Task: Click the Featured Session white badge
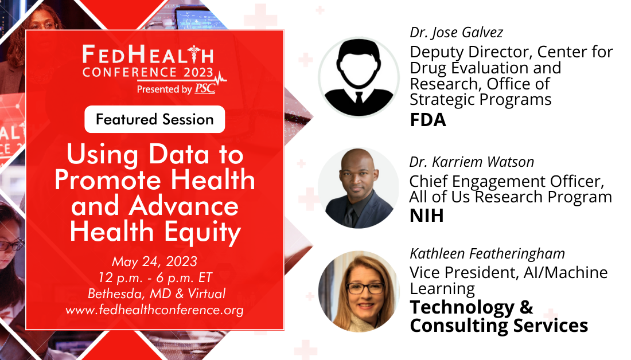(x=154, y=119)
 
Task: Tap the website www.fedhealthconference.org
(x=154, y=310)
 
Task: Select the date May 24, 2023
(x=154, y=261)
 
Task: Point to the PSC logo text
(x=205, y=88)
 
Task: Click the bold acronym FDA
(x=428, y=120)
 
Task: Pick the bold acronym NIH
(x=427, y=216)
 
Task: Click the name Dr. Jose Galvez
(x=457, y=33)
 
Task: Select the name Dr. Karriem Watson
(x=472, y=162)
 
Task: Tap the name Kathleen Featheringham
(x=488, y=254)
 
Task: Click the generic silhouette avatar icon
(x=359, y=77)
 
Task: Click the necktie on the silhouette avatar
(x=359, y=98)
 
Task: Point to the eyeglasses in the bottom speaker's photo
(x=365, y=288)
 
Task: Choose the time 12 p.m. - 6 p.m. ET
(x=155, y=277)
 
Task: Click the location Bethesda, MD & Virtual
(x=157, y=294)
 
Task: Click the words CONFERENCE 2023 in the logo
(x=147, y=72)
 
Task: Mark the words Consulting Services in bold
(x=499, y=326)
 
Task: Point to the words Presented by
(x=164, y=89)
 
